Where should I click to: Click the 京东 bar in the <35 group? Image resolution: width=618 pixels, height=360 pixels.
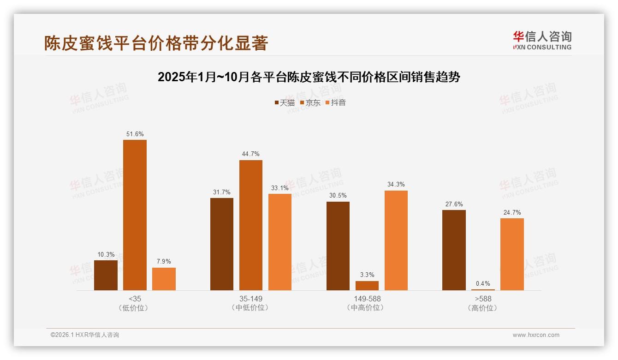coord(135,215)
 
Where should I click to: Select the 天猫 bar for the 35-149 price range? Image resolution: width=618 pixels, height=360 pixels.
coord(222,244)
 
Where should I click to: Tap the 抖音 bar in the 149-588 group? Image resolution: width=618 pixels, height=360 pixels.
coord(396,240)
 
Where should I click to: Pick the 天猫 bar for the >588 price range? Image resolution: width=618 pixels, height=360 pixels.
coord(454,250)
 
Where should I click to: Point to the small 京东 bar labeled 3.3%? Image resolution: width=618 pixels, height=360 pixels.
coord(367,286)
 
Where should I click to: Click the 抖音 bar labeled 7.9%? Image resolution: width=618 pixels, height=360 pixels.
coord(164,279)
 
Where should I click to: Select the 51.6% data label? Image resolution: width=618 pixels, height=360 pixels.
coord(135,134)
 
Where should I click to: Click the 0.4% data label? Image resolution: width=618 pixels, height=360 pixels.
coord(483,283)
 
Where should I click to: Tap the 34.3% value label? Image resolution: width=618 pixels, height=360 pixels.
coord(396,184)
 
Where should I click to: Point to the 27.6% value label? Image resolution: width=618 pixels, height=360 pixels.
coord(454,204)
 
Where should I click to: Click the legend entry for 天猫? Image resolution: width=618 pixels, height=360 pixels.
coord(284,102)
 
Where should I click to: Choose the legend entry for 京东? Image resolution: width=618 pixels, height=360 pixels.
coord(310,102)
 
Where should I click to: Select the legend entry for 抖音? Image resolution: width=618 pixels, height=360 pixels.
coord(335,102)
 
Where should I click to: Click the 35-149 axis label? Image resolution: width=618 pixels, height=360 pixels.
coord(250,299)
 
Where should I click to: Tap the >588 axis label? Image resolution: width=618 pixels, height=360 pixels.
coord(483,299)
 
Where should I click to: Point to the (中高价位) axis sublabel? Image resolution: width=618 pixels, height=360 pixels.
coord(367,308)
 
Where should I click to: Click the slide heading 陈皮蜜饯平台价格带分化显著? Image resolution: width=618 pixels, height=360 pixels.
coord(156,43)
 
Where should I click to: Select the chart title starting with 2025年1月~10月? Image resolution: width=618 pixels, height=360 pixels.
coord(309,77)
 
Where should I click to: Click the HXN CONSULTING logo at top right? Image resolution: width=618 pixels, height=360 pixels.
coord(542,40)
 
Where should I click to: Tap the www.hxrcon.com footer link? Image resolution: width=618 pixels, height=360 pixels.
coord(536,335)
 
